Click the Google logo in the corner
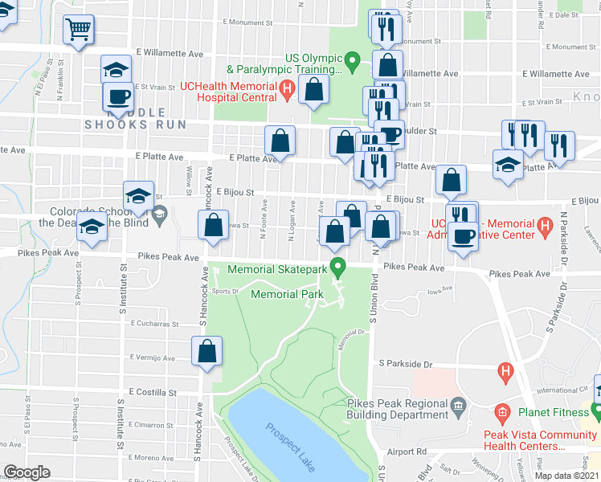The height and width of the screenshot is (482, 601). (x=27, y=472)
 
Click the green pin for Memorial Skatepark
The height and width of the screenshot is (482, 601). (x=339, y=265)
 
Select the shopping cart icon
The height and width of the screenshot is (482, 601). (x=78, y=30)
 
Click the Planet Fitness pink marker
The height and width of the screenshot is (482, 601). (x=502, y=415)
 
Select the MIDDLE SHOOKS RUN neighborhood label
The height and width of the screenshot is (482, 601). (x=136, y=118)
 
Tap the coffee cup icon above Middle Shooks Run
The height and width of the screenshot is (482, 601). (x=118, y=98)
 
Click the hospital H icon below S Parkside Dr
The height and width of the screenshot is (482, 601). (x=505, y=371)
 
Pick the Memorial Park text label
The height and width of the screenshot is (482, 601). (x=287, y=295)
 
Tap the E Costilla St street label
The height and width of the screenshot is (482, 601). (x=150, y=393)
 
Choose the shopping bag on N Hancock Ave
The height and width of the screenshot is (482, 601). (x=213, y=227)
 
